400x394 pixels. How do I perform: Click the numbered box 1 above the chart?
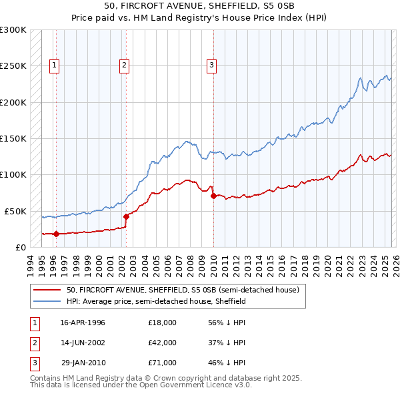coord(54,65)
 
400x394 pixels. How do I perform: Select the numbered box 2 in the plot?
coord(125,65)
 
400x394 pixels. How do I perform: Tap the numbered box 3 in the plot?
coord(211,65)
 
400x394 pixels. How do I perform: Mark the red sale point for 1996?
coord(56,234)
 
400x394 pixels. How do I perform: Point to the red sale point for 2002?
coord(125,216)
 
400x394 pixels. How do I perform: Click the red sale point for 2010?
coord(213,196)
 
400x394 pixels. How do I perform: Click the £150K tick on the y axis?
coord(13,138)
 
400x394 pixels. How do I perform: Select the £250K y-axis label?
coord(13,66)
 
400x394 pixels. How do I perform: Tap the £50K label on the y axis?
coord(15,210)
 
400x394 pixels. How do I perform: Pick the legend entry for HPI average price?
coord(157,301)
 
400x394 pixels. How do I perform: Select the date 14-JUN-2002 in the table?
coord(83,343)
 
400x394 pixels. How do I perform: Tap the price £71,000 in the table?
coord(162,363)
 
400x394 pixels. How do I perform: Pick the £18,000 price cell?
coord(162,323)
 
